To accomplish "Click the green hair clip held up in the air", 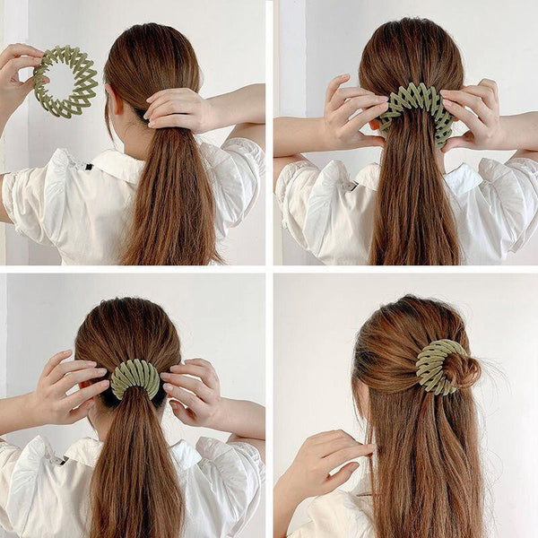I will point(65,82).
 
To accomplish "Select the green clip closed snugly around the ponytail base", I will point(135,378).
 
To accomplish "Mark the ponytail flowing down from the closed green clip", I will point(134,466).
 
